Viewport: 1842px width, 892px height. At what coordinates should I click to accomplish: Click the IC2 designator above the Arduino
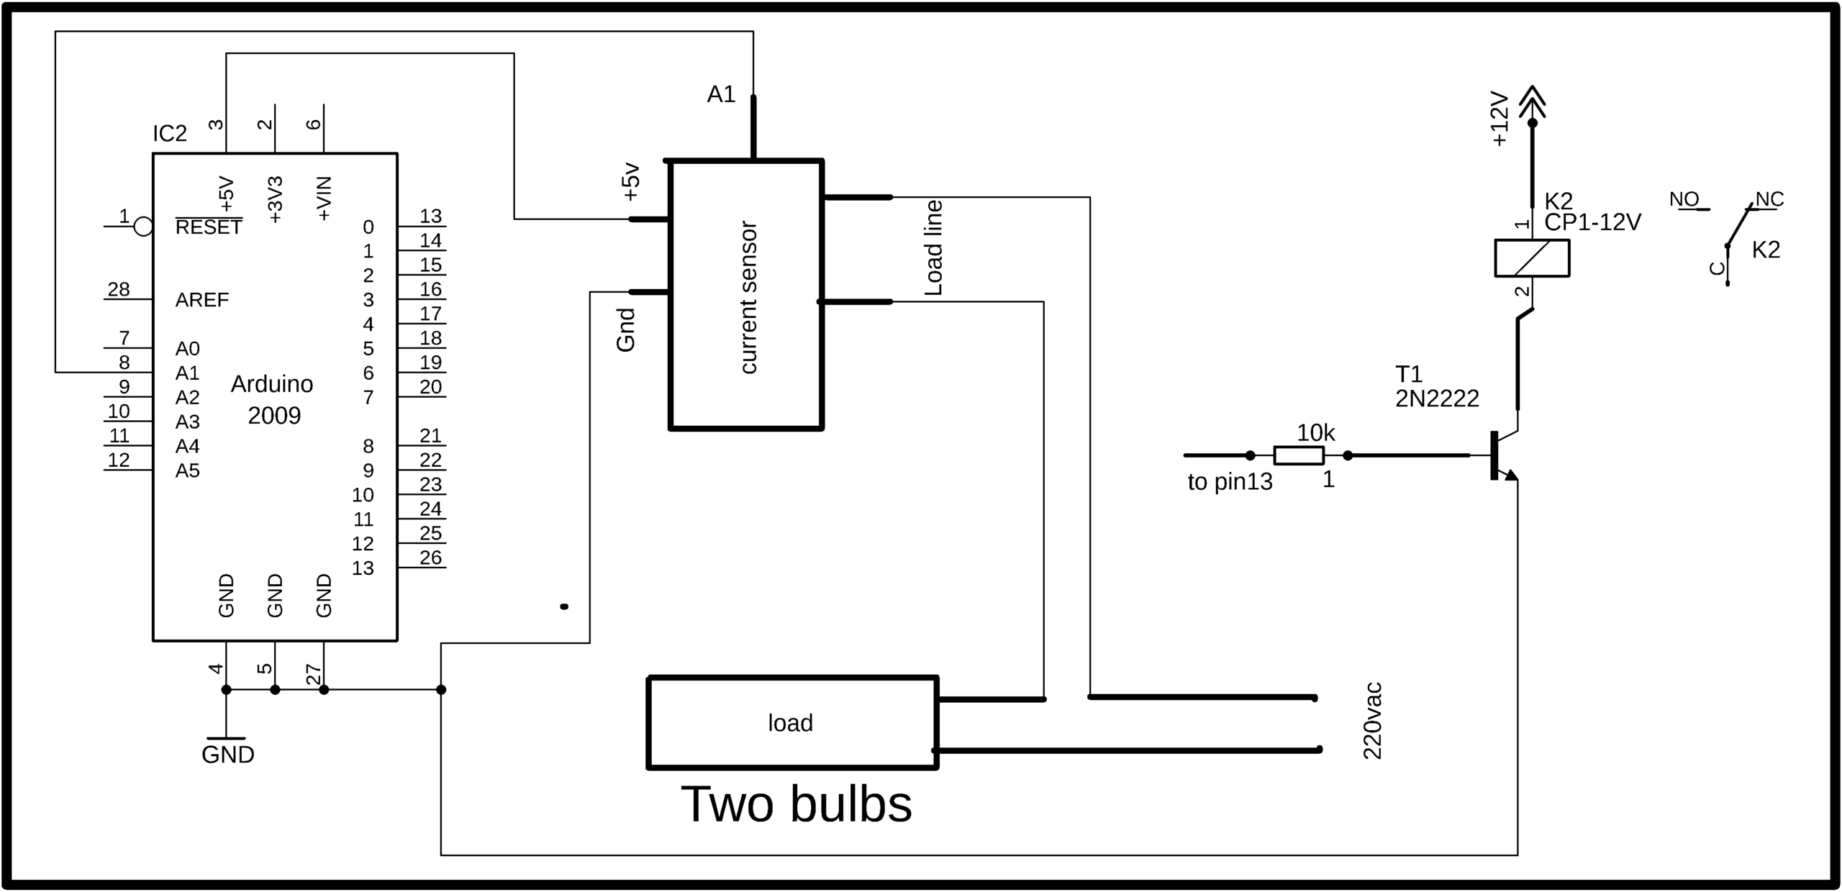pyautogui.click(x=170, y=134)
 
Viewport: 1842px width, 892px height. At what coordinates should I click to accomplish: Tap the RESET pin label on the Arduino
pyautogui.click(x=209, y=227)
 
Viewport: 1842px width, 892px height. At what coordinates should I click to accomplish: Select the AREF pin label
pyautogui.click(x=202, y=300)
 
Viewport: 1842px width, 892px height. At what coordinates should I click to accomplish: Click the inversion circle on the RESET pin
pyautogui.click(x=144, y=227)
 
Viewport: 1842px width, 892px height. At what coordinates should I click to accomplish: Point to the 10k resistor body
pyautogui.click(x=1299, y=455)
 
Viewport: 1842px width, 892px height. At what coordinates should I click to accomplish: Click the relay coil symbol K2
pyautogui.click(x=1532, y=258)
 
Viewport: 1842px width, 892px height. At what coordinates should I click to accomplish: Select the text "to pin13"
pyautogui.click(x=1230, y=482)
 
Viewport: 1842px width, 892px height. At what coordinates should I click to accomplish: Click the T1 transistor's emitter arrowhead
pyautogui.click(x=1511, y=475)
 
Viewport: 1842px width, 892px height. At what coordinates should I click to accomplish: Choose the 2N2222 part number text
pyautogui.click(x=1437, y=399)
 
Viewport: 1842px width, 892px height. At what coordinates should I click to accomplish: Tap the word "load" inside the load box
pyautogui.click(x=790, y=723)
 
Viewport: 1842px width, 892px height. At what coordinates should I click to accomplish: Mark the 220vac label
pyautogui.click(x=1372, y=722)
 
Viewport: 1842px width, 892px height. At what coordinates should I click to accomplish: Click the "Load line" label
pyautogui.click(x=933, y=248)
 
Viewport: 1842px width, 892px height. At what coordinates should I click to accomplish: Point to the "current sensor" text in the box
pyautogui.click(x=748, y=297)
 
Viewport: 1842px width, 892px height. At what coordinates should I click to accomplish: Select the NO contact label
pyautogui.click(x=1684, y=199)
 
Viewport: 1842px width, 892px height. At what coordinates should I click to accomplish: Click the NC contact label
pyautogui.click(x=1770, y=199)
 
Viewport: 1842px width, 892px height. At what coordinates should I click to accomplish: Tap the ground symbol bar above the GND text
pyautogui.click(x=226, y=738)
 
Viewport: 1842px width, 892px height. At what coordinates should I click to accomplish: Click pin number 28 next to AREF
pyautogui.click(x=119, y=289)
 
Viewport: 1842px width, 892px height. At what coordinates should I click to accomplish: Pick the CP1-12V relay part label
pyautogui.click(x=1592, y=223)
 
